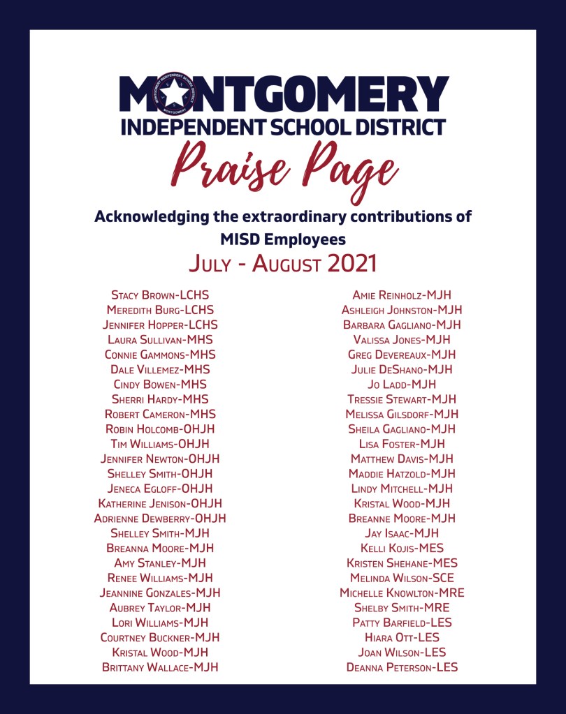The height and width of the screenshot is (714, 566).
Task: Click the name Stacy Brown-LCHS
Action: pos(160,295)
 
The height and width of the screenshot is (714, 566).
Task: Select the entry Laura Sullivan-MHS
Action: pos(160,340)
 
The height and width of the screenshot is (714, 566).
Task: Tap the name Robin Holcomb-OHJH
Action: pos(160,429)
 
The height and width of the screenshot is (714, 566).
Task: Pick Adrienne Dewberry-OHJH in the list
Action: pos(160,519)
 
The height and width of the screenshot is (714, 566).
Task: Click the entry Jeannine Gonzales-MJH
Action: pos(160,593)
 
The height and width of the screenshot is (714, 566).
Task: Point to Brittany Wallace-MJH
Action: pos(160,668)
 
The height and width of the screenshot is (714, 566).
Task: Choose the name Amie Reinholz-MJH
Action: pos(402,295)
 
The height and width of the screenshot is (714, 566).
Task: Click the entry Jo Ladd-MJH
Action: pos(402,385)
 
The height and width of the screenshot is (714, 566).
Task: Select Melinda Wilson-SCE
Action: pos(402,578)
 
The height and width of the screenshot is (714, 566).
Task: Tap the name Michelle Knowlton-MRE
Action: pos(402,593)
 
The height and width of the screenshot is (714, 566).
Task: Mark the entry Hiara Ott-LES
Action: pos(402,638)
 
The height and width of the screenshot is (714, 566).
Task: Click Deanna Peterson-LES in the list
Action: pos(402,668)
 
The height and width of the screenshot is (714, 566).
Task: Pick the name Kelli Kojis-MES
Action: pos(402,549)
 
